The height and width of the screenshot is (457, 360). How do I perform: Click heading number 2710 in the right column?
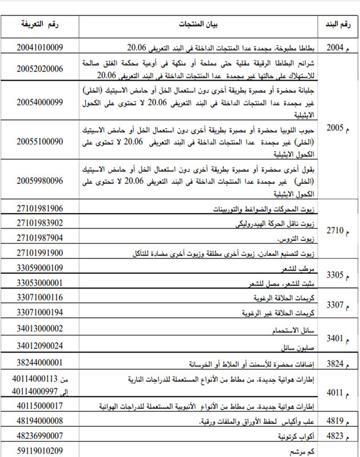click(335, 231)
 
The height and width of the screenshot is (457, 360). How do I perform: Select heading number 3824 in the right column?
click(335, 364)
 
